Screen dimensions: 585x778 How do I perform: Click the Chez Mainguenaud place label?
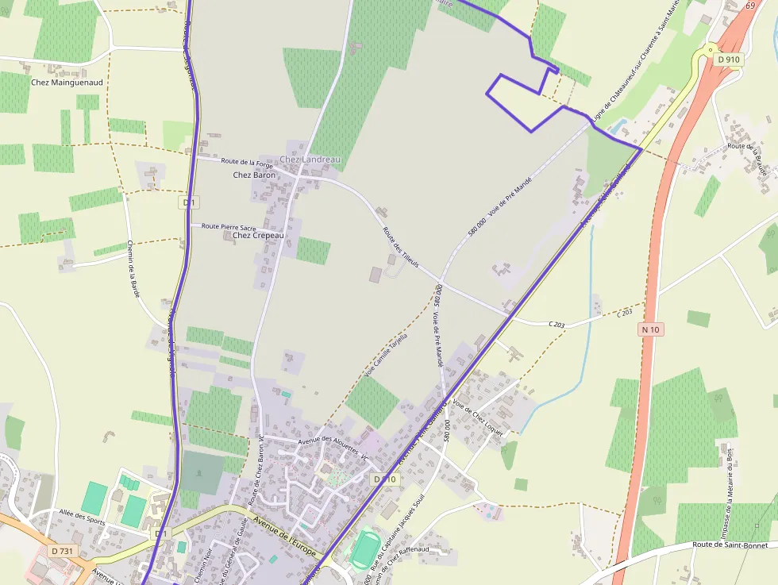67,82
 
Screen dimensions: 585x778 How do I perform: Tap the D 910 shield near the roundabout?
727,59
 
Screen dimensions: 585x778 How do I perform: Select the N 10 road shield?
651,329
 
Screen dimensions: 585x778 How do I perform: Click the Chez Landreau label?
310,160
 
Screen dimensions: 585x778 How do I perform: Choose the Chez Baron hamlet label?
254,175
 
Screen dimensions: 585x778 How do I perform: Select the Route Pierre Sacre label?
229,226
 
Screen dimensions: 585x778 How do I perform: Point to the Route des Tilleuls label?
400,247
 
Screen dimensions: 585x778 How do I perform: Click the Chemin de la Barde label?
133,269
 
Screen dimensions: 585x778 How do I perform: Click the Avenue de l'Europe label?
285,537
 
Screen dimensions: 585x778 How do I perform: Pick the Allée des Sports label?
81,518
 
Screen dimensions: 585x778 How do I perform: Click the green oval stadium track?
365,549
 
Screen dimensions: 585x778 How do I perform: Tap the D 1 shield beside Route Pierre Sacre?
188,202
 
